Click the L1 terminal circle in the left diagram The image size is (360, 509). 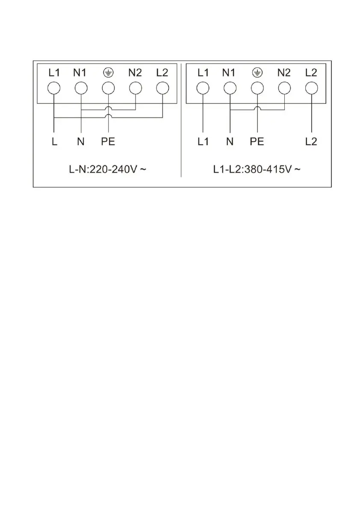[54, 88]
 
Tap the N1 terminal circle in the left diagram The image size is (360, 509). [81, 88]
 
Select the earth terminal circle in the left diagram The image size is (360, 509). [108, 88]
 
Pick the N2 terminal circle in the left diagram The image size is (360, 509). [135, 88]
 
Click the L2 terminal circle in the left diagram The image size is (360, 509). [162, 88]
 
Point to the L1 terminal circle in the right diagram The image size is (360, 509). [203, 88]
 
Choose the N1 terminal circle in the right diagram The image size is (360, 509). [230, 88]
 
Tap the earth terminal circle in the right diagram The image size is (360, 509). [257, 88]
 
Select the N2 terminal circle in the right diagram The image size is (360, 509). [284, 88]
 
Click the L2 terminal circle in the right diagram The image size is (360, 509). [311, 88]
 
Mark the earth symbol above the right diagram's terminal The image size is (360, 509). [257, 73]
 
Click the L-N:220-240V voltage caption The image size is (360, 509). [108, 170]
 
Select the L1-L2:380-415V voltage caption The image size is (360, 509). [257, 170]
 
